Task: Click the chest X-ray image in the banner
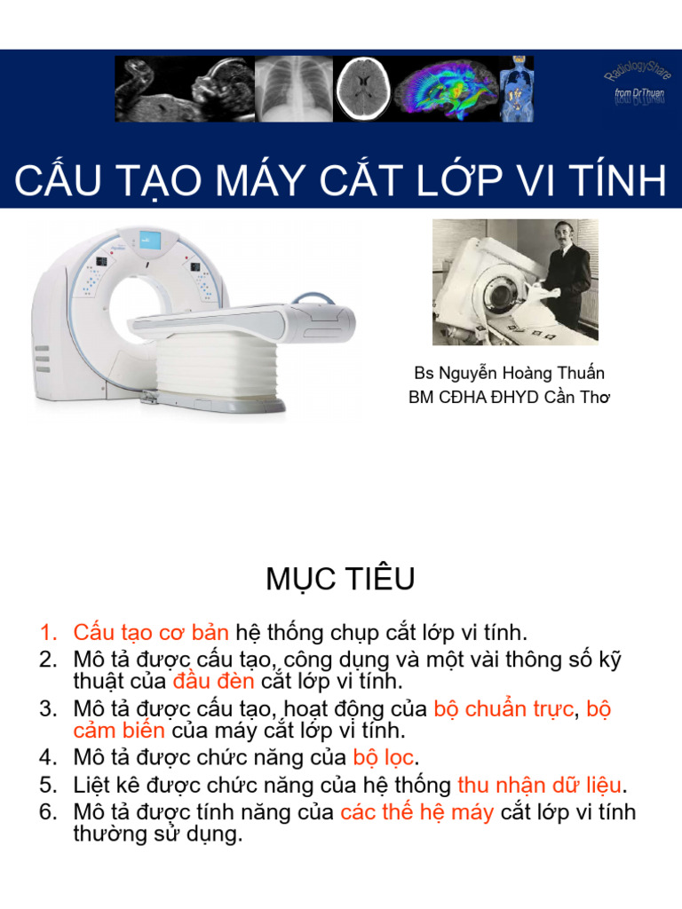(x=294, y=89)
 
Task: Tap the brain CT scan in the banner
(x=362, y=89)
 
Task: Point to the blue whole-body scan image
(x=516, y=89)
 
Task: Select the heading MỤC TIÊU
(x=340, y=579)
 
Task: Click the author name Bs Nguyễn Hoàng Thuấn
(x=509, y=373)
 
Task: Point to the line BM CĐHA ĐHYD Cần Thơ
(x=509, y=397)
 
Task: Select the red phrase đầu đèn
(x=213, y=681)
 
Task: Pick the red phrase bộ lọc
(x=383, y=758)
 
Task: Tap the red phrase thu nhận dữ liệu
(x=539, y=785)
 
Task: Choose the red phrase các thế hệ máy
(x=416, y=812)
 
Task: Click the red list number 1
(x=48, y=633)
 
